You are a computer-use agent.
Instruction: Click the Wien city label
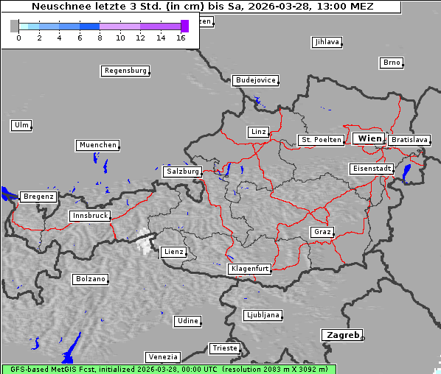369,138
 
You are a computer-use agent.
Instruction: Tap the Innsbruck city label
89,216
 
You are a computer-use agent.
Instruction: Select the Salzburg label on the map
182,172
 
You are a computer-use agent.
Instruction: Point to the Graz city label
322,232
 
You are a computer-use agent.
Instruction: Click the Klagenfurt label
250,269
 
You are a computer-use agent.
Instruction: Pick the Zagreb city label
341,335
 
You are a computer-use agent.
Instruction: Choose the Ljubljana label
263,315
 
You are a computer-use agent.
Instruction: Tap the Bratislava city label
409,139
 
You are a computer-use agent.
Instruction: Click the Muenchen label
97,145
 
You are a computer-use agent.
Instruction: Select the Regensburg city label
125,71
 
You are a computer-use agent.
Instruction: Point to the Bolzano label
90,279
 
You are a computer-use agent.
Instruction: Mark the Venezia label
162,357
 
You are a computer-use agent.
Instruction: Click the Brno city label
391,63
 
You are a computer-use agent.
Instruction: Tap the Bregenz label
38,197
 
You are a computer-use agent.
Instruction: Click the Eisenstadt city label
371,169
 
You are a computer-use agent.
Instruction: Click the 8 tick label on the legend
99,38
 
